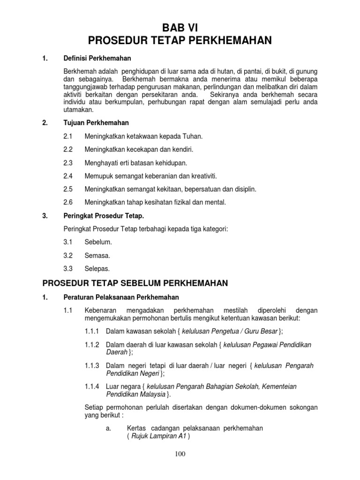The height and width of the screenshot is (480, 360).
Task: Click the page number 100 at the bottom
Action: point(180,454)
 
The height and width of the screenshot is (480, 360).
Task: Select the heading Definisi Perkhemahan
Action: point(97,59)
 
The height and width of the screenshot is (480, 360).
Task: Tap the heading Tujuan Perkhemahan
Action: point(96,123)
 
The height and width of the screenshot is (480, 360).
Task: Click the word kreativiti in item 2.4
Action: point(202,176)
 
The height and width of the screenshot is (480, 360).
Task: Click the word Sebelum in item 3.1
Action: point(98,242)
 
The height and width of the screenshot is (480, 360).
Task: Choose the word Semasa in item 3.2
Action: point(97,255)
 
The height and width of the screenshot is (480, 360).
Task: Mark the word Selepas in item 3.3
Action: point(97,269)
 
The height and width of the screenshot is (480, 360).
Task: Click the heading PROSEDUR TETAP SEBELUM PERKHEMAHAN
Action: point(135,284)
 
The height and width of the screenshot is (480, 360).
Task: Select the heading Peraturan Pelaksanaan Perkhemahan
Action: point(121,298)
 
